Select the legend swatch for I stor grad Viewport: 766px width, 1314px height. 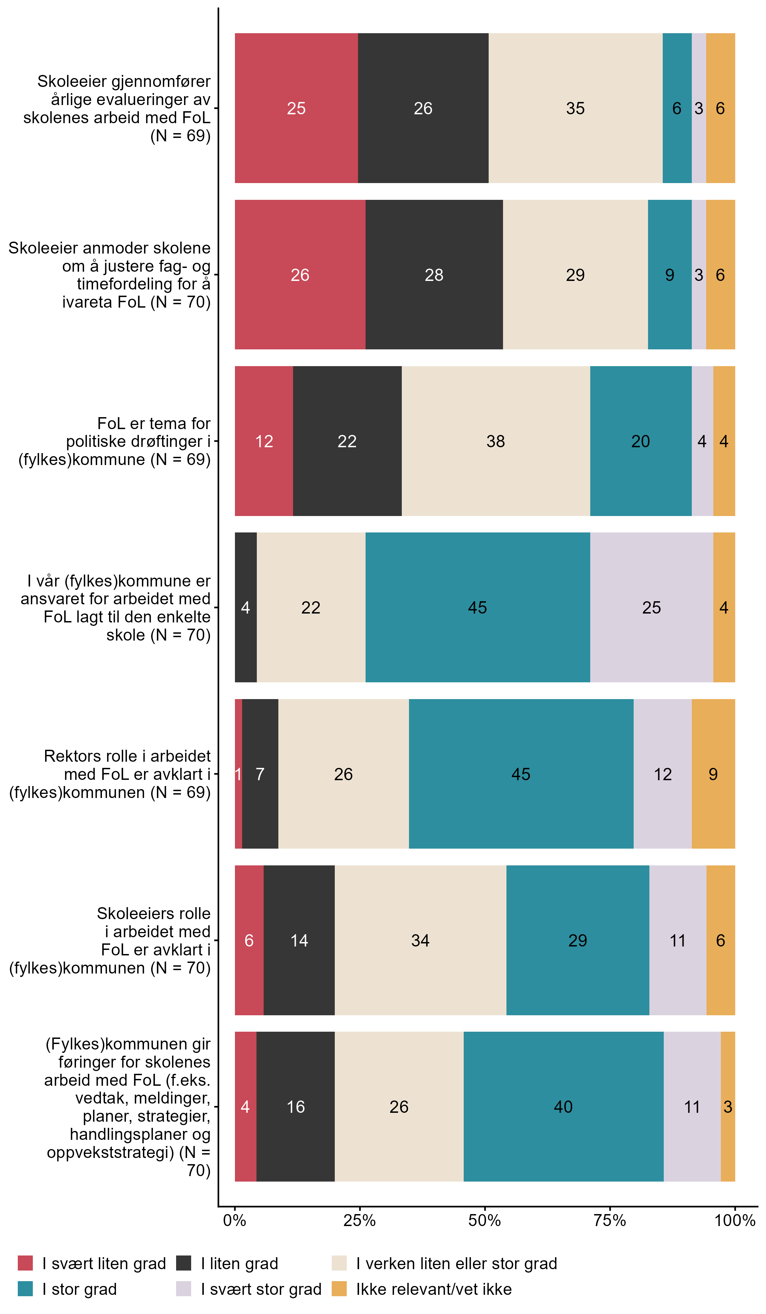[x=25, y=1289]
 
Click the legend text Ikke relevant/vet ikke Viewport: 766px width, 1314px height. [x=434, y=1289]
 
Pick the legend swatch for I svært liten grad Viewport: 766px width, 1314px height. [x=25, y=1263]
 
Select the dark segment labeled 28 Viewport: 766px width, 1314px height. [x=434, y=275]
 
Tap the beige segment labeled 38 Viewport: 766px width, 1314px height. [x=496, y=441]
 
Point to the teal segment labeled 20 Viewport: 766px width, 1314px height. [x=640, y=441]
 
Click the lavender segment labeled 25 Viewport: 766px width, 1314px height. [x=651, y=607]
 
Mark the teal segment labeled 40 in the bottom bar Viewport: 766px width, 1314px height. [x=563, y=1107]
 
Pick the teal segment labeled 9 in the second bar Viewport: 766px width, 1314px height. [x=670, y=275]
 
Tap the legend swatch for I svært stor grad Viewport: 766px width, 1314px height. [x=183, y=1289]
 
